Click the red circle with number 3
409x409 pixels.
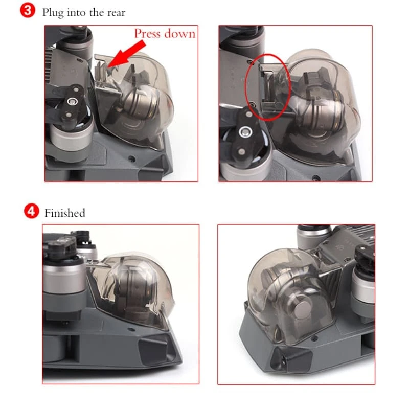click(x=28, y=10)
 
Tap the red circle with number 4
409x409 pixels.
click(x=31, y=211)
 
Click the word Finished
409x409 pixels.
click(x=65, y=213)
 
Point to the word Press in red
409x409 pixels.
click(x=147, y=33)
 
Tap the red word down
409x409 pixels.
click(x=180, y=34)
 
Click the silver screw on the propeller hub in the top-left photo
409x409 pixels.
click(x=72, y=101)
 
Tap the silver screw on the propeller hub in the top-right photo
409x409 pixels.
click(x=245, y=132)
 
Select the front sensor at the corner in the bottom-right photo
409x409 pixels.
click(x=289, y=359)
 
